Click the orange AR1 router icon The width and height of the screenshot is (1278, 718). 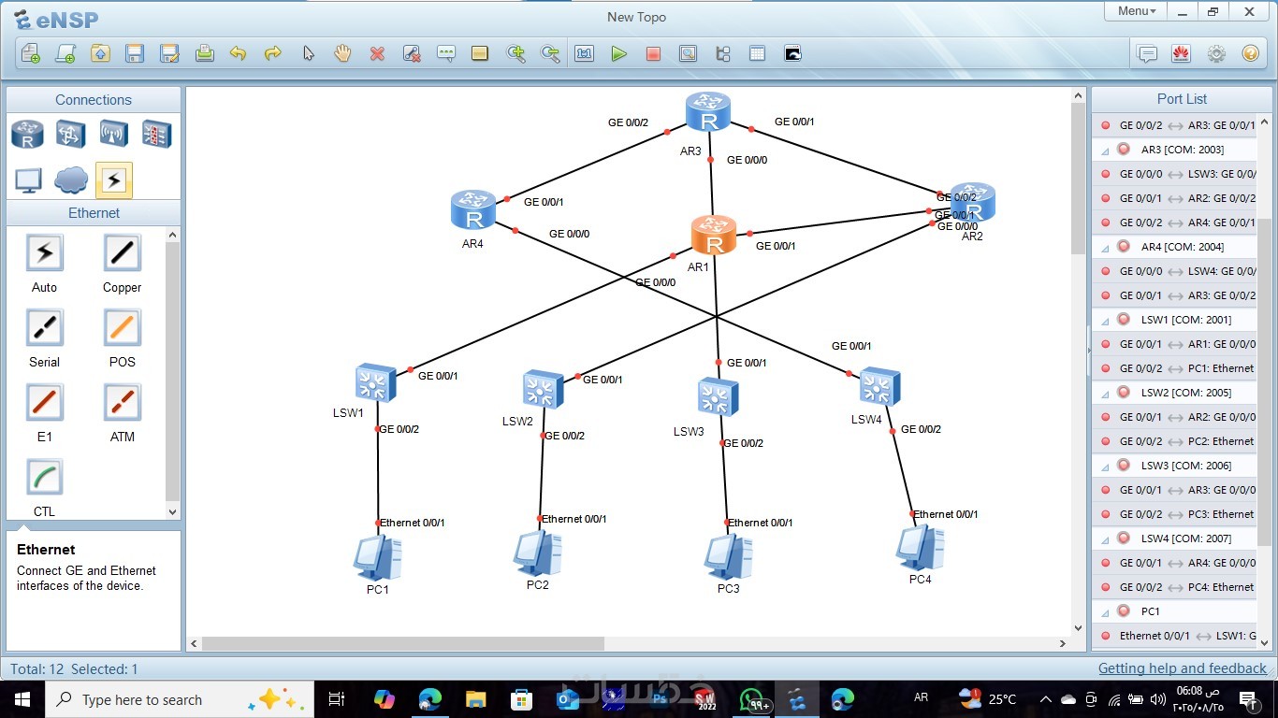point(714,235)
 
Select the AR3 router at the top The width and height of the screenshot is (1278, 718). point(707,111)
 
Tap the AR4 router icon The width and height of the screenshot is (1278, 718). point(472,209)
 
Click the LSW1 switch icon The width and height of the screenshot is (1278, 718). point(376,383)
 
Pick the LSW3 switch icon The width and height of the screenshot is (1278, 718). point(718,397)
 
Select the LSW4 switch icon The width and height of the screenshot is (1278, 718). point(879,386)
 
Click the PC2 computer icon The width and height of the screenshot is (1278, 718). point(537,553)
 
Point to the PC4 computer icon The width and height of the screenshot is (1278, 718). point(920,547)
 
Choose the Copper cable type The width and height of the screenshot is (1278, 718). point(122,253)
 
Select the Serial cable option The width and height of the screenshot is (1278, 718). point(44,328)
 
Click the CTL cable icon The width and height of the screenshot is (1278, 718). point(44,478)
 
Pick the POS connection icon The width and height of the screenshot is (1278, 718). point(122,328)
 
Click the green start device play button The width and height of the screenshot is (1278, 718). point(618,54)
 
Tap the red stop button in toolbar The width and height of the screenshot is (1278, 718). point(653,54)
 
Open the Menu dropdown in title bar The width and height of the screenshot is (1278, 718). point(1136,11)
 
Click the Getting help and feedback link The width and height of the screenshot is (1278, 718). point(1182,668)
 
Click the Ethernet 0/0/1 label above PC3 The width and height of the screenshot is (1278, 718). point(760,523)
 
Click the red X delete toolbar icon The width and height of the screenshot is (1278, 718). point(377,54)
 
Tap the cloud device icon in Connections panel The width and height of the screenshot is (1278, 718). point(71,179)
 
